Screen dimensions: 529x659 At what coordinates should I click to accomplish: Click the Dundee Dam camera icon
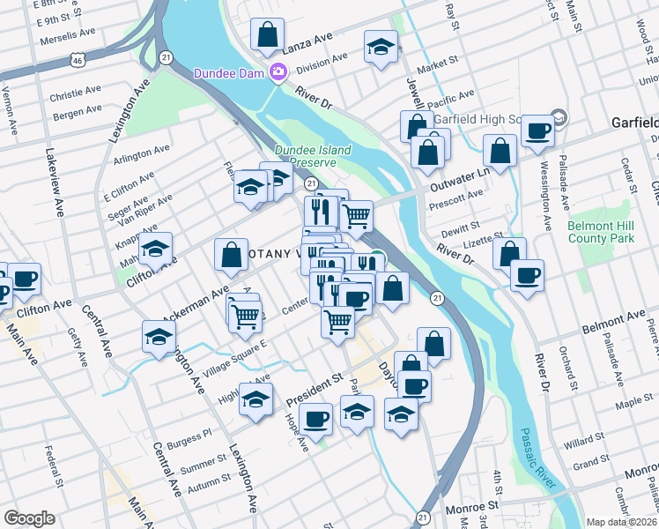click(278, 73)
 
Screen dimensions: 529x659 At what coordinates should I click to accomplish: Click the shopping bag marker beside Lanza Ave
click(266, 36)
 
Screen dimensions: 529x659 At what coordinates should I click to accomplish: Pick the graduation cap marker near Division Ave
click(381, 47)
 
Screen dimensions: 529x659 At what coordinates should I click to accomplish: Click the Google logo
click(29, 518)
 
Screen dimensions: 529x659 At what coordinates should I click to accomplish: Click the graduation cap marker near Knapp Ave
click(155, 249)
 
